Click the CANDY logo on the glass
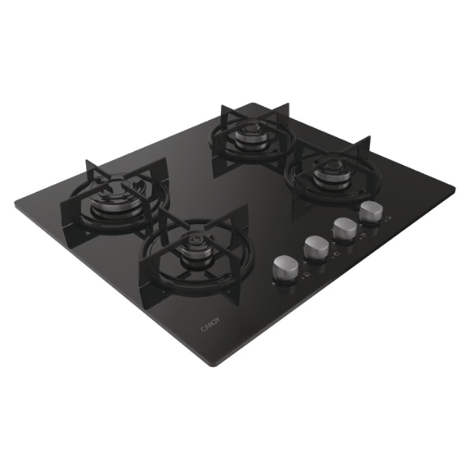(210, 324)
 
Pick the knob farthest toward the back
(371, 211)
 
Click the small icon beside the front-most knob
(306, 275)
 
